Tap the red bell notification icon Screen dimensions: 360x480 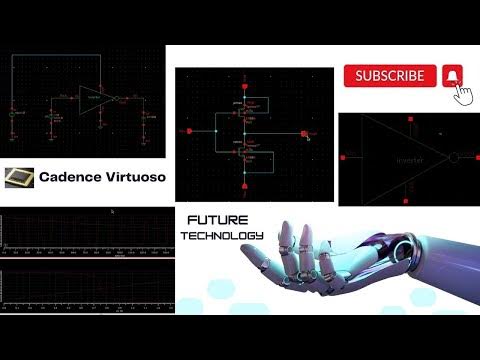tap(452, 76)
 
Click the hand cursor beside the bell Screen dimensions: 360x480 tap(462, 93)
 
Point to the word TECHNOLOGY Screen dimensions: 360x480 tap(223, 236)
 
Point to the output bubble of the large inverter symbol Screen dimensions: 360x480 tap(455, 158)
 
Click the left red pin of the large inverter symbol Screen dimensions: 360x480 tap(343, 158)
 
